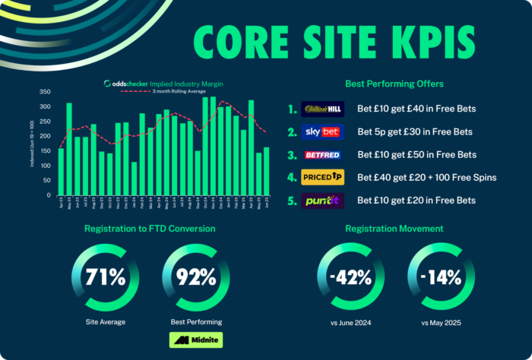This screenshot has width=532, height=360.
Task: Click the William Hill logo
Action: coord(323,109)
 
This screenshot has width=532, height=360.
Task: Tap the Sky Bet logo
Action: coord(323,131)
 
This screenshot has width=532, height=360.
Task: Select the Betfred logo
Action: coord(323,154)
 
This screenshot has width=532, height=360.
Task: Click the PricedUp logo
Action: coord(323,177)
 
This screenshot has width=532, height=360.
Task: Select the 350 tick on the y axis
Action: coord(45,90)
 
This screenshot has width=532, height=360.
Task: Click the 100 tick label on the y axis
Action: coord(45,165)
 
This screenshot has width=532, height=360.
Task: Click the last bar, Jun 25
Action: coord(266,171)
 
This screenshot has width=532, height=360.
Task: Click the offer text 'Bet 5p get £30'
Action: coord(414,131)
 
